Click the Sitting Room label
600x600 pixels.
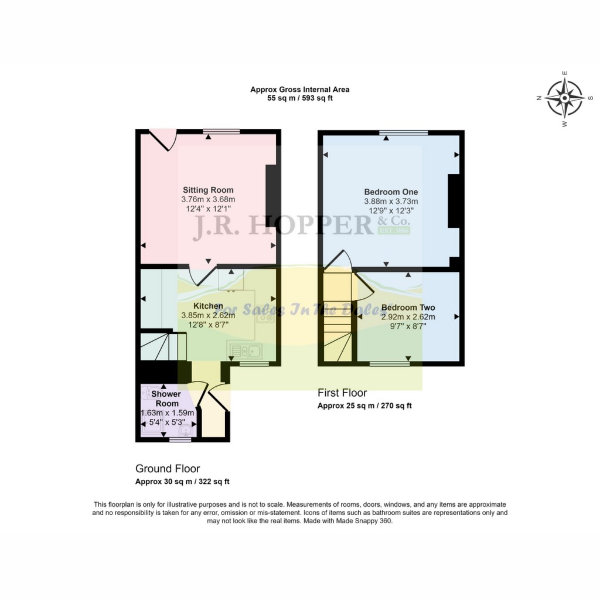click(208, 190)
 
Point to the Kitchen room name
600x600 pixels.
click(208, 306)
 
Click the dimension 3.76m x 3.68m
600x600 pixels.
click(208, 199)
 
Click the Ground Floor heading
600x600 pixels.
click(168, 469)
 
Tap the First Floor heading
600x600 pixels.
click(342, 393)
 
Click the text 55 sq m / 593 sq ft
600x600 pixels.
click(299, 98)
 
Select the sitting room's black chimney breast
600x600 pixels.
click(271, 195)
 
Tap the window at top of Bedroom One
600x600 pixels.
click(403, 132)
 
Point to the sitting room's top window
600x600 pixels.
click(222, 132)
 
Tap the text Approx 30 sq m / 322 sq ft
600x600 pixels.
click(182, 482)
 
